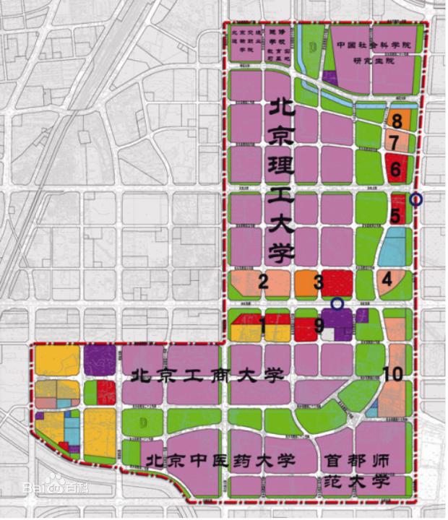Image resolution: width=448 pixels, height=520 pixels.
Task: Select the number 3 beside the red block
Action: (x=318, y=282)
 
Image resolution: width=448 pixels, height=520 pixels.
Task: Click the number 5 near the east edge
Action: (x=395, y=214)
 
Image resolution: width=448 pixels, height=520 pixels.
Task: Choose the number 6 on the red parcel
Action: (x=395, y=170)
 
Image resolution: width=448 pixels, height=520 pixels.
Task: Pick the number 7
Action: (x=395, y=142)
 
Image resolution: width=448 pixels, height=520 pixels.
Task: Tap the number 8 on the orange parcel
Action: (x=396, y=120)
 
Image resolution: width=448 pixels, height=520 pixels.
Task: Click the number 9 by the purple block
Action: (x=319, y=326)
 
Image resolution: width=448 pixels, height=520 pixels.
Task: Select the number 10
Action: (x=392, y=374)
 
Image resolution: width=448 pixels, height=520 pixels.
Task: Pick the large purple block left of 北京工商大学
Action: (x=100, y=359)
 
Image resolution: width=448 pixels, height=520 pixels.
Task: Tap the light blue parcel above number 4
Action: (x=393, y=248)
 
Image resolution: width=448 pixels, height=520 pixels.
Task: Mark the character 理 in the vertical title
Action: (x=280, y=169)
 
